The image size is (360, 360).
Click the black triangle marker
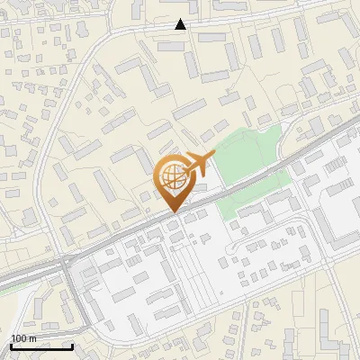coord(181,24)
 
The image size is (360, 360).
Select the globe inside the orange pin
coord(171,175)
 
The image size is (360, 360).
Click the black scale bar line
coord(41,346)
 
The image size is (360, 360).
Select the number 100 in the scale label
coord(19,338)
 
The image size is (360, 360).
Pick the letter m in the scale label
coord(32,338)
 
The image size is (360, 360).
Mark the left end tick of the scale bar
coord(11,346)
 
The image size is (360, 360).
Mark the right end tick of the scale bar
coord(72,346)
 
